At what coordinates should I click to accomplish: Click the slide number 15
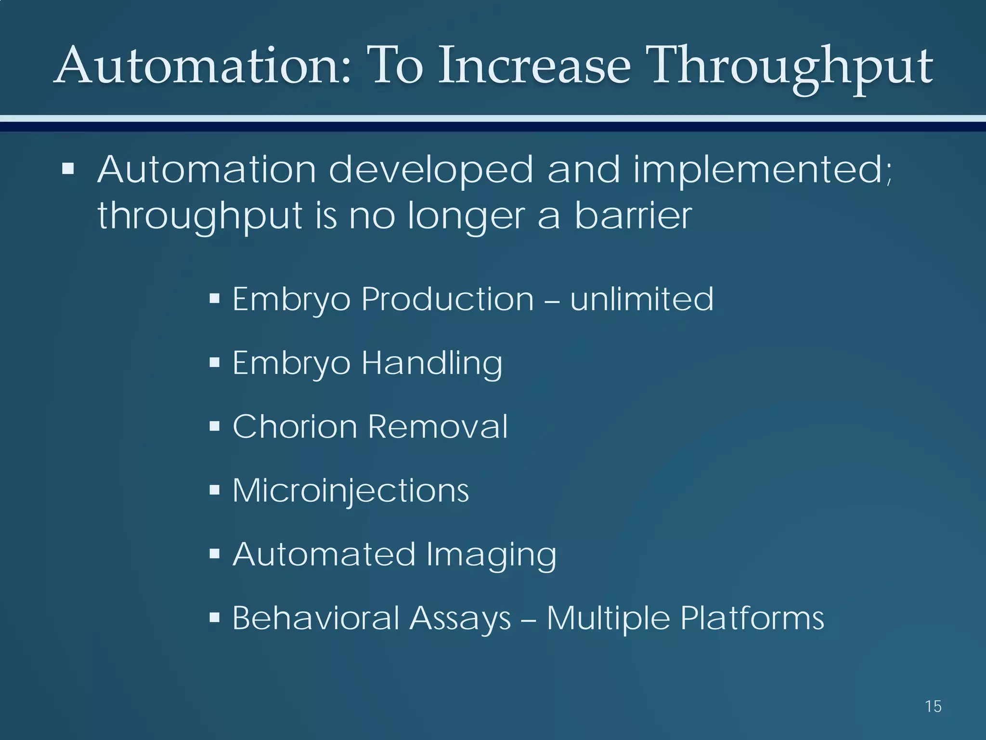pos(933,706)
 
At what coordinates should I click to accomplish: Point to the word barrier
pos(633,216)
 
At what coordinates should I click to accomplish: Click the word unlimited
pos(642,299)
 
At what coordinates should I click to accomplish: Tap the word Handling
pos(432,363)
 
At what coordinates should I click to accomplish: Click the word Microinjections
pos(350,491)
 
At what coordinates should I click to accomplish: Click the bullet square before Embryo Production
pos(215,299)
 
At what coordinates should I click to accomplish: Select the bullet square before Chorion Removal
pos(215,426)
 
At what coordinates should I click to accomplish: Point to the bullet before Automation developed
pos(68,169)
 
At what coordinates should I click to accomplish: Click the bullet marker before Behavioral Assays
pos(215,618)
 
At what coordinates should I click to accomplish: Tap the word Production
pos(448,299)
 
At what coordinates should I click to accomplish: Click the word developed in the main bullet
pos(431,171)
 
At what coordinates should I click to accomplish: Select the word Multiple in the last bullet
pos(608,618)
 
